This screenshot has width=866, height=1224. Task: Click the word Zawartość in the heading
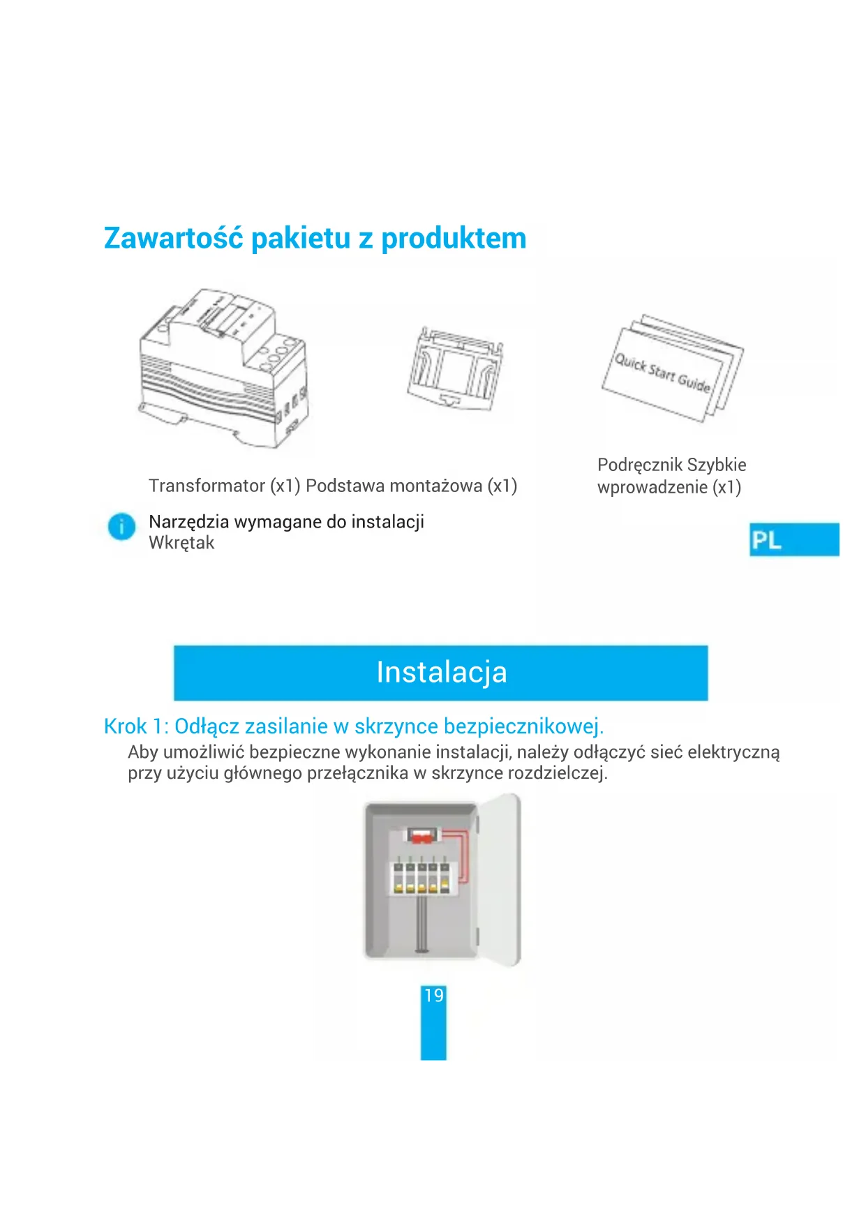(174, 238)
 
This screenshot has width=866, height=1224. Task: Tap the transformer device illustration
(223, 368)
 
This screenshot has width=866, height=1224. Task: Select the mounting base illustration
(455, 368)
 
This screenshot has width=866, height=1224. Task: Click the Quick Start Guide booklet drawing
(673, 368)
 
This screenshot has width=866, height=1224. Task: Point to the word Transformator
(207, 486)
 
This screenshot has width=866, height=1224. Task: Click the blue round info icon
(121, 526)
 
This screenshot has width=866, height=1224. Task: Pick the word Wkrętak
(181, 543)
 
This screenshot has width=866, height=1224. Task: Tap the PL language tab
(794, 539)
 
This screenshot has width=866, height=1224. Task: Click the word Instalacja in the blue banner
(442, 672)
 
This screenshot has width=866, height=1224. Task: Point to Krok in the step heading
(126, 726)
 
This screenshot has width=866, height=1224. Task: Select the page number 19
(433, 995)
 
